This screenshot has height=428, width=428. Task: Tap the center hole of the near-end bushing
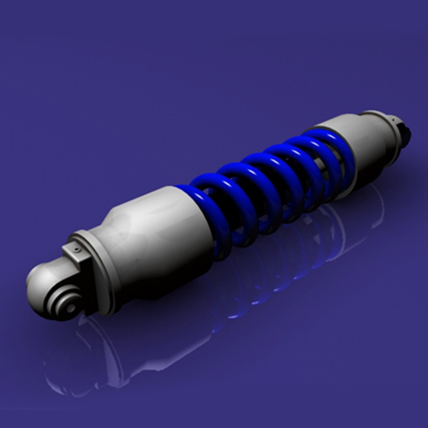[x=70, y=307]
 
